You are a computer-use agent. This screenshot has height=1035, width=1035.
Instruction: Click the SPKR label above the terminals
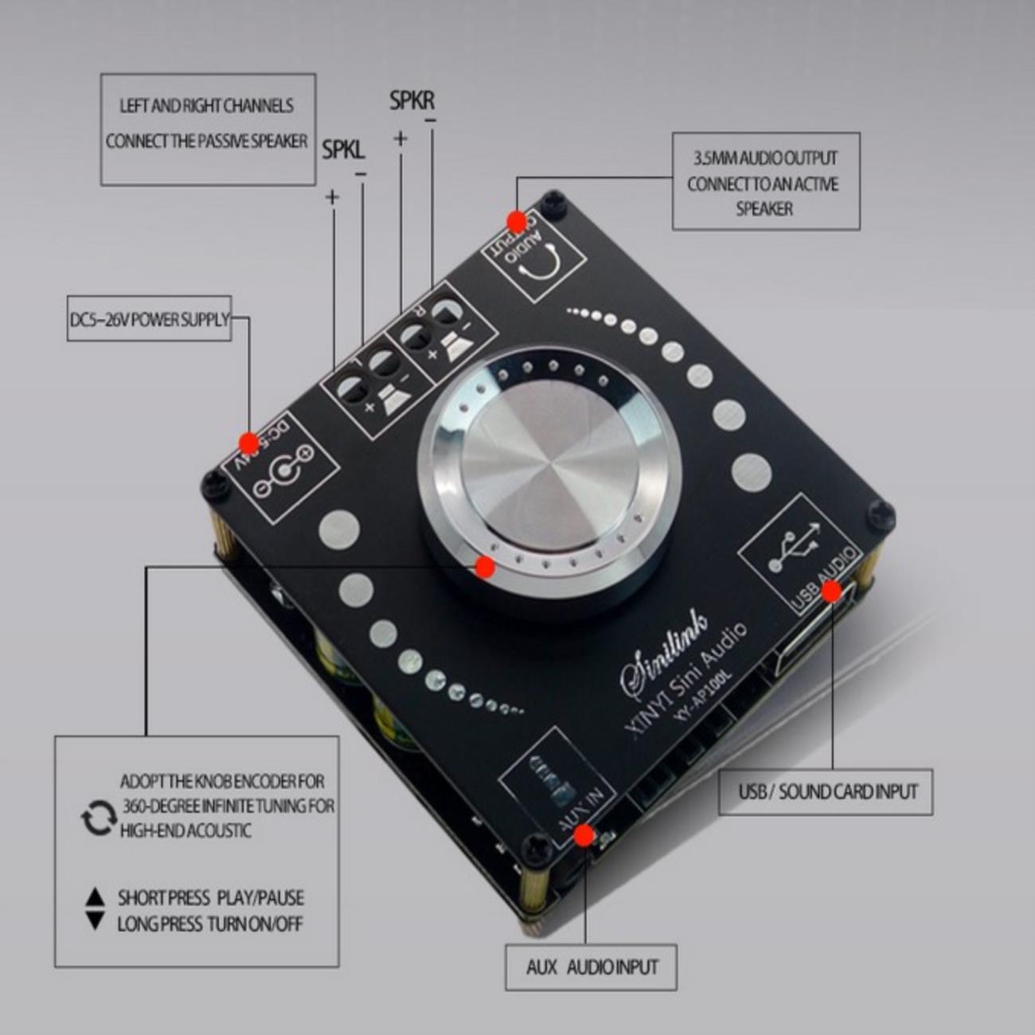[412, 101]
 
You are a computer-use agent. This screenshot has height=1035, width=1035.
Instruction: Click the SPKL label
[343, 150]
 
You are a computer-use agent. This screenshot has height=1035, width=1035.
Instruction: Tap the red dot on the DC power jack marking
[249, 443]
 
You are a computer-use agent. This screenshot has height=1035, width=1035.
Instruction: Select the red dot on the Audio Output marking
[517, 221]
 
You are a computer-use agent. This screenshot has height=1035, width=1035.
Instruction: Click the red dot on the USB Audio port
[830, 591]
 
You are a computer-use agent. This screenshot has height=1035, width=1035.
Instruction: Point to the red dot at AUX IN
[584, 835]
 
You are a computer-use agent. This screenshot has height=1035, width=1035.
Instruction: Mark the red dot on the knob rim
[484, 567]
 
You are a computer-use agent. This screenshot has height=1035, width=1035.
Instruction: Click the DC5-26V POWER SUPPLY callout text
[149, 320]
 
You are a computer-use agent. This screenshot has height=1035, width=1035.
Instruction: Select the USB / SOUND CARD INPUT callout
[826, 792]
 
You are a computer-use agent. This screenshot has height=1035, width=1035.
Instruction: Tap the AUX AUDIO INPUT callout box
[592, 967]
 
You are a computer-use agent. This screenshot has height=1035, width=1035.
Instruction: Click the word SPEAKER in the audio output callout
[764, 209]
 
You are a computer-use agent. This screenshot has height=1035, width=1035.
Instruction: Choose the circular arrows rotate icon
[99, 818]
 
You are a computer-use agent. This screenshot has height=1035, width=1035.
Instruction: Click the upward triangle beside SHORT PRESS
[96, 896]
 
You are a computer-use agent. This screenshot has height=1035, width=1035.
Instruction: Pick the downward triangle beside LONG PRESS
[96, 922]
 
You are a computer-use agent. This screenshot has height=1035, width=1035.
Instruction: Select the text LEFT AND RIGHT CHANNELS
[206, 106]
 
